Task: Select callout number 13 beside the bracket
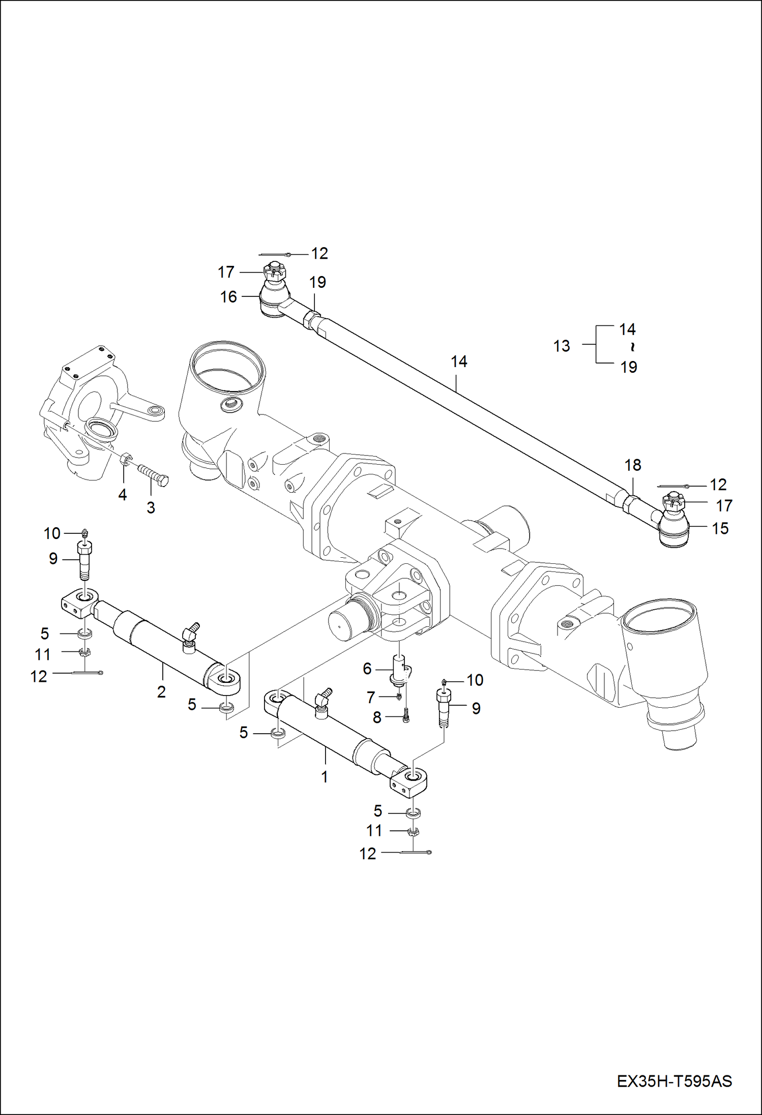click(x=562, y=346)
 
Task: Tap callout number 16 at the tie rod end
click(x=228, y=297)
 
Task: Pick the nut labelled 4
click(x=125, y=460)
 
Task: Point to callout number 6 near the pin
click(x=367, y=669)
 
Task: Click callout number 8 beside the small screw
click(x=377, y=717)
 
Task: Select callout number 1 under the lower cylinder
click(x=325, y=776)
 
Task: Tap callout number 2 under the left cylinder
click(x=161, y=691)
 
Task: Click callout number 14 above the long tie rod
click(x=459, y=361)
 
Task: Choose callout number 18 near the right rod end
click(x=633, y=465)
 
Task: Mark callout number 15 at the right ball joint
click(x=720, y=528)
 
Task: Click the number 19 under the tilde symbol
click(x=629, y=367)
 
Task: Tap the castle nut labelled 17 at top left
click(x=273, y=272)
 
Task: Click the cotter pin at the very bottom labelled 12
click(x=415, y=852)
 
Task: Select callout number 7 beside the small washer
click(x=371, y=697)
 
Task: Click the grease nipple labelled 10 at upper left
click(x=85, y=533)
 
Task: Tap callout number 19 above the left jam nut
click(x=317, y=282)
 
